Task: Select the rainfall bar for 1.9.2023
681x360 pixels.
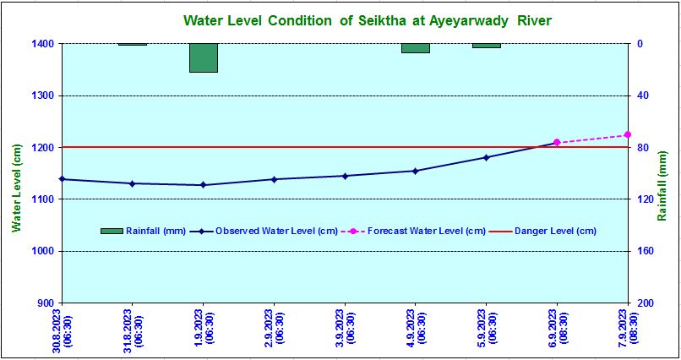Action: (x=203, y=57)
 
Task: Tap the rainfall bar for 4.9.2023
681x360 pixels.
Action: (x=415, y=48)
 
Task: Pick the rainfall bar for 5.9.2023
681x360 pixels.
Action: (x=486, y=46)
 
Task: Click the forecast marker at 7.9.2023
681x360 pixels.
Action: (x=628, y=134)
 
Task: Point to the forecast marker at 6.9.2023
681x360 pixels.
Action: (x=557, y=142)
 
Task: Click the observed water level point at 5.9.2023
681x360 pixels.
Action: (x=486, y=157)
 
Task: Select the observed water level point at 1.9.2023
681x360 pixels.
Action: (x=203, y=185)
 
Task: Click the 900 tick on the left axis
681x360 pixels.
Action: (x=46, y=303)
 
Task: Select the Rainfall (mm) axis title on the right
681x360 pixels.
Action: (x=663, y=188)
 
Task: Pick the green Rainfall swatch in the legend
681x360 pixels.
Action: (x=112, y=231)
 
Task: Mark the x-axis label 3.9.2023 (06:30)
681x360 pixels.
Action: (x=345, y=328)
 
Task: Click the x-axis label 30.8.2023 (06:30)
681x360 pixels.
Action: (x=62, y=328)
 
